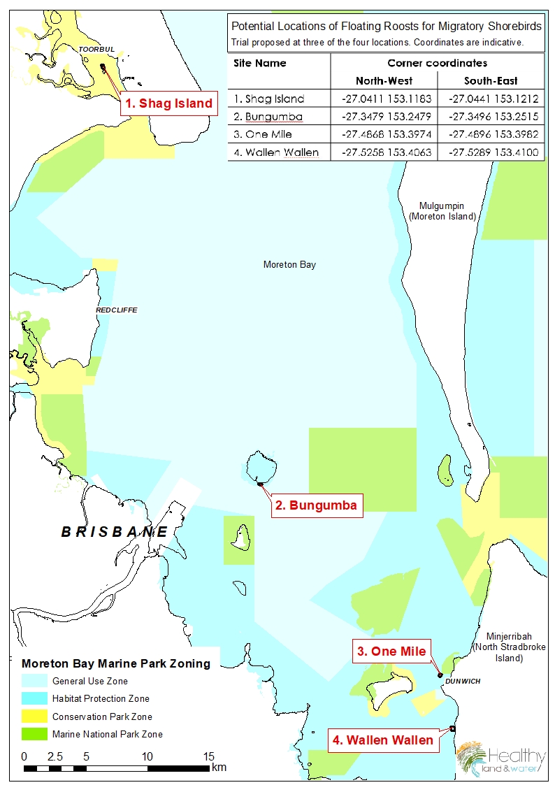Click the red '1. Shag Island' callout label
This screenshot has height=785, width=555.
click(x=168, y=103)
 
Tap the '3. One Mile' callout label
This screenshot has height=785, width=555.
click(x=391, y=651)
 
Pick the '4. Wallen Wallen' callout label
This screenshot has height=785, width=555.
click(x=383, y=740)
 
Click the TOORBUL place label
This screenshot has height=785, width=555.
click(x=96, y=50)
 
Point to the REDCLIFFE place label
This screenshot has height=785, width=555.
click(x=116, y=310)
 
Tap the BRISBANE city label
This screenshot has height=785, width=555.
click(x=115, y=532)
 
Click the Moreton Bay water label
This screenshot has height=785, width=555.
click(x=289, y=265)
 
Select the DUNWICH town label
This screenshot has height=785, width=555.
click(x=463, y=681)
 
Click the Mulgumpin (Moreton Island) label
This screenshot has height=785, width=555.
click(x=442, y=211)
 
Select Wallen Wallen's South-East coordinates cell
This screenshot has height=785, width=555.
click(x=491, y=152)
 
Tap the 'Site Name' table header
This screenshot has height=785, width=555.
click(x=260, y=63)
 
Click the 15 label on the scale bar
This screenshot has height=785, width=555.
click(x=208, y=757)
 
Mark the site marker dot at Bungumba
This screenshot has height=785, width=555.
click(x=260, y=484)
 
